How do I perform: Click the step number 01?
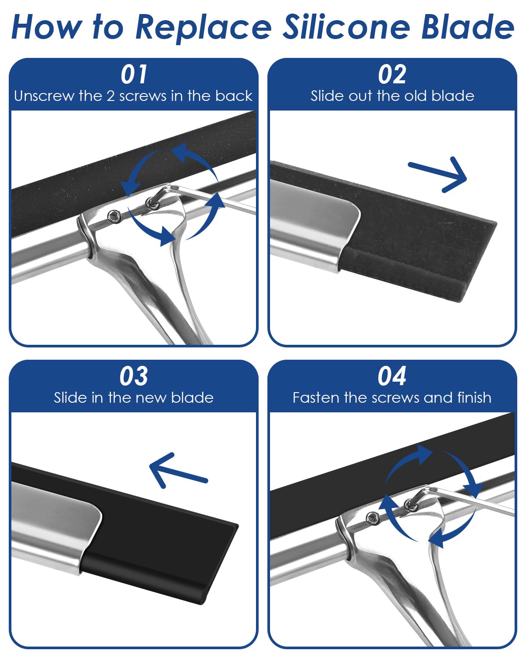pyautogui.click(x=134, y=74)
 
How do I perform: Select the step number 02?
pyautogui.click(x=392, y=74)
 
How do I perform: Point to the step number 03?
pyautogui.click(x=134, y=376)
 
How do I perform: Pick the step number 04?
pyautogui.click(x=392, y=376)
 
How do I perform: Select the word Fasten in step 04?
pyautogui.click(x=316, y=398)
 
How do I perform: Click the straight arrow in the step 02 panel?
pyautogui.click(x=437, y=175)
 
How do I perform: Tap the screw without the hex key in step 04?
pyautogui.click(x=372, y=517)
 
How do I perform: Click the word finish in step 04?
pyautogui.click(x=474, y=398)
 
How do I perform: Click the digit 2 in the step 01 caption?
pyautogui.click(x=110, y=97)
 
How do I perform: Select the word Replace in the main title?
pyautogui.click(x=203, y=28)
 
